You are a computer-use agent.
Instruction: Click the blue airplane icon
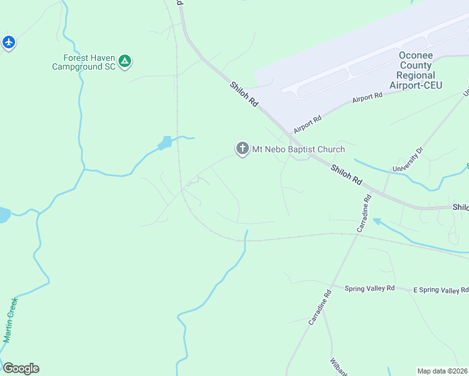(8, 42)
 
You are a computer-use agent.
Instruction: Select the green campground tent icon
(125, 61)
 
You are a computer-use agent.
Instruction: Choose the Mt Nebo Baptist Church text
(298, 149)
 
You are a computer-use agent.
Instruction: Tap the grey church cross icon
(242, 149)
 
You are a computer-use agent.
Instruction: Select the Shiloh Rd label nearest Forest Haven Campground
(245, 93)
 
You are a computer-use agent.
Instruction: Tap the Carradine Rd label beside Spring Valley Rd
(319, 306)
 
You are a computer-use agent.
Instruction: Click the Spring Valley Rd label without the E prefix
(369, 288)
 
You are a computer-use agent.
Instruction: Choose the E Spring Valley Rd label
(441, 290)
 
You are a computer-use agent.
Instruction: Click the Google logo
(20, 368)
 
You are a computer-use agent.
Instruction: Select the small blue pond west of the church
(165, 143)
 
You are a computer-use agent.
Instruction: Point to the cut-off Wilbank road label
(334, 367)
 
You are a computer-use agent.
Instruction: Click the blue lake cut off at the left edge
(3, 215)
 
